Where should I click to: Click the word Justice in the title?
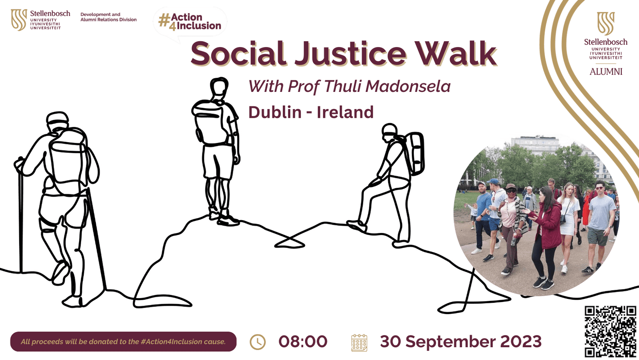coord(351,54)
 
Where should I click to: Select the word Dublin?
coord(275,112)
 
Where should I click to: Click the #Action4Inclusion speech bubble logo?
coord(190,22)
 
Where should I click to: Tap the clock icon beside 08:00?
coord(258,342)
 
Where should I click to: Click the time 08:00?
coord(303,342)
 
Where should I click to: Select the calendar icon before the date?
coord(359,343)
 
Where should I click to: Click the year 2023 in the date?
coord(521,342)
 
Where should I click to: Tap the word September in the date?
coord(450,342)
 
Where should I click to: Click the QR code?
coord(610,331)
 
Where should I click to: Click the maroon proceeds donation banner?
coord(123,342)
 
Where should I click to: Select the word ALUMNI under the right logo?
coord(606,72)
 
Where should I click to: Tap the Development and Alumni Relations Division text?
coord(108,17)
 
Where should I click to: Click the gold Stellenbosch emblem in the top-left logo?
coord(19,20)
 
